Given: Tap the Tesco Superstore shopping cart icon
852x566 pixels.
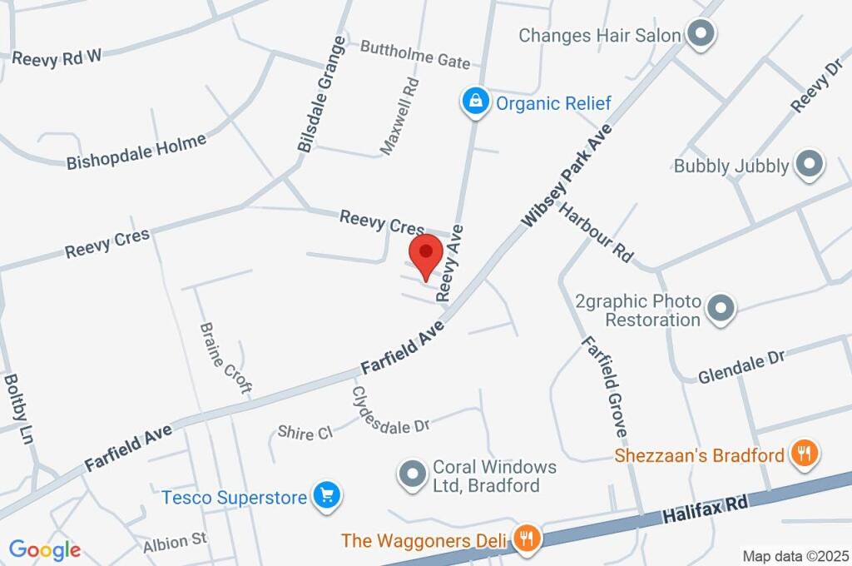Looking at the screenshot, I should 327,496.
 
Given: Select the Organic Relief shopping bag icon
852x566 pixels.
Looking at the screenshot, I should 475,102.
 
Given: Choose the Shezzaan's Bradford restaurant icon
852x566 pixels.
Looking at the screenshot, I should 805,454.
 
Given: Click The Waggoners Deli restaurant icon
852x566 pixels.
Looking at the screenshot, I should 526,539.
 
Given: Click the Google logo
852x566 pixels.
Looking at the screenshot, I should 45,550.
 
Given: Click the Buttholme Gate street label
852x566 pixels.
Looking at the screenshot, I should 415,54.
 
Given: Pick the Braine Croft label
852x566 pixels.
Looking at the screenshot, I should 225,358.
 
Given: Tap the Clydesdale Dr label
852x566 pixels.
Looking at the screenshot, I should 389,411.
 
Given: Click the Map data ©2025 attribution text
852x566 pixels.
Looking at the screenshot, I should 795,555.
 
